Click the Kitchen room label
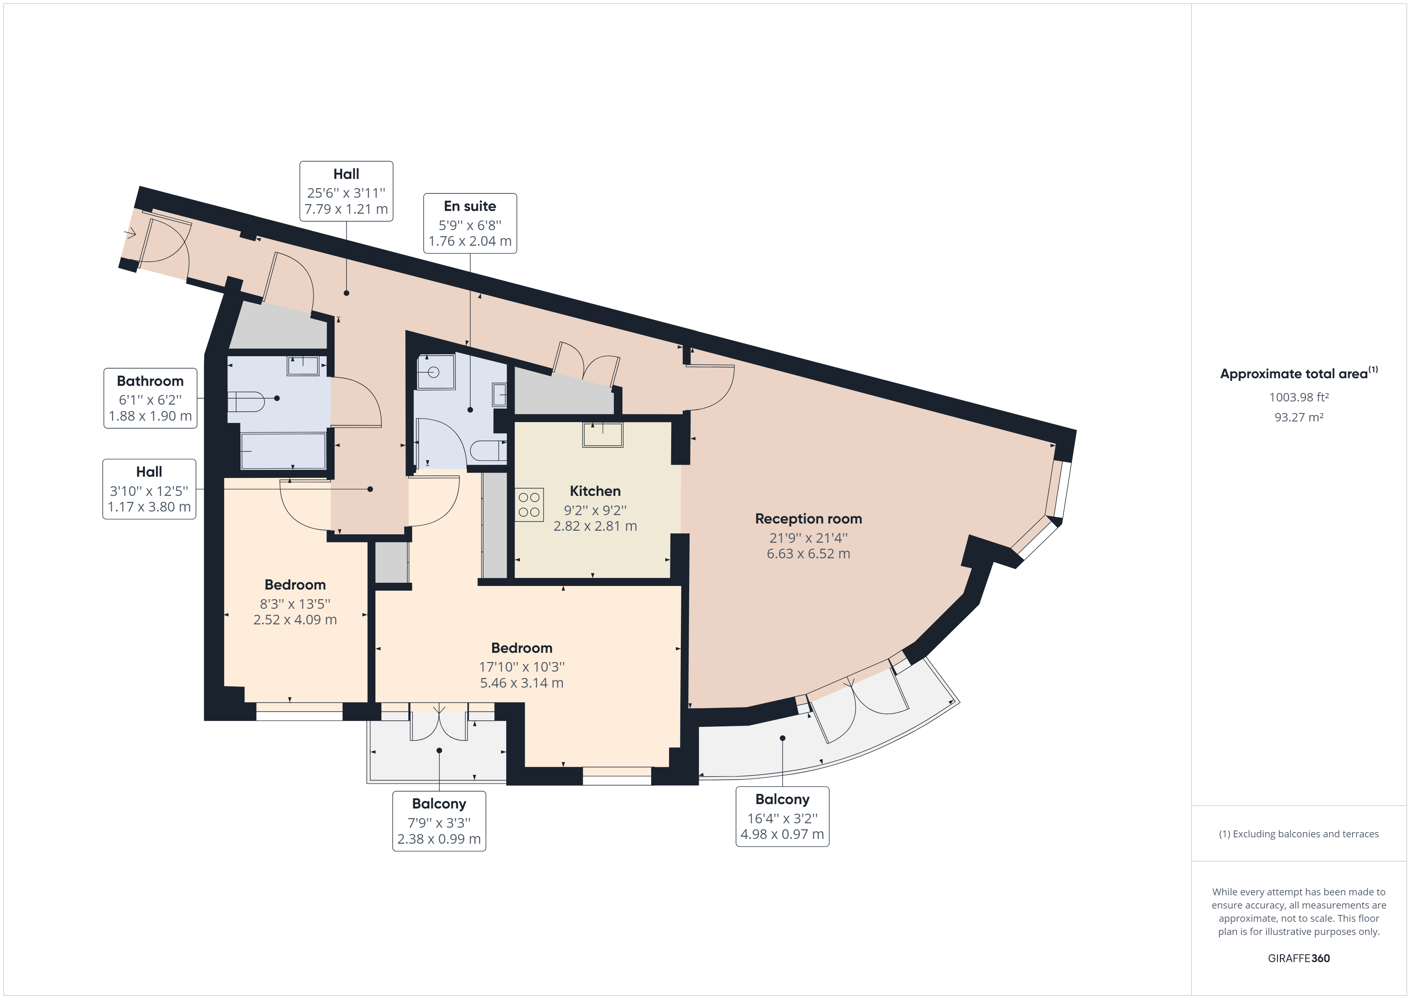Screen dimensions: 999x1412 595,491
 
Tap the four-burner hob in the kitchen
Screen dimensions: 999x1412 529,504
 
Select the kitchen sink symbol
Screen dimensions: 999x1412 603,434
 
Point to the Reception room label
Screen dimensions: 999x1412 808,519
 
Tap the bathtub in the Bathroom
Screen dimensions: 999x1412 283,451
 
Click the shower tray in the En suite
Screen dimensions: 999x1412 435,371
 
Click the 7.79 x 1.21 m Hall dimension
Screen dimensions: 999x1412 346,209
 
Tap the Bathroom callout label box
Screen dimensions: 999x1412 150,398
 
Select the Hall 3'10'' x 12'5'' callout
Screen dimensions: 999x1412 149,489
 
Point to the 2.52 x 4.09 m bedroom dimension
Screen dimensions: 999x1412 295,620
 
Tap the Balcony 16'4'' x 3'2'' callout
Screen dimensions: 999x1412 782,817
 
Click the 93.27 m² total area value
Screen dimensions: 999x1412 1298,417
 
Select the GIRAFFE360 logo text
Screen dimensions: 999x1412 1298,958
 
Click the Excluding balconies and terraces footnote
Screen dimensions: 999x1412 1298,834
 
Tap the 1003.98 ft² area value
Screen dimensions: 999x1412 1298,397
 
